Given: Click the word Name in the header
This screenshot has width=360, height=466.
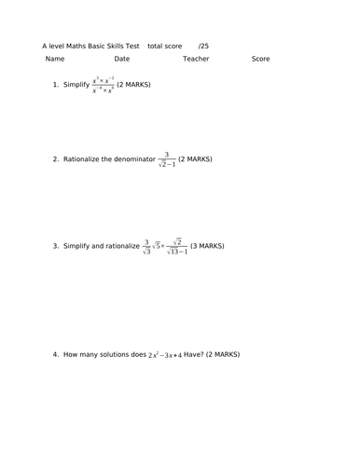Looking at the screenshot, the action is (55, 59).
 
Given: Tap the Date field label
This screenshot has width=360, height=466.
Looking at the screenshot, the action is (121, 59).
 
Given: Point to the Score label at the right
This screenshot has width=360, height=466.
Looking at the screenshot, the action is (260, 59).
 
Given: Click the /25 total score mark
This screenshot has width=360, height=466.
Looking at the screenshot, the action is (203, 45).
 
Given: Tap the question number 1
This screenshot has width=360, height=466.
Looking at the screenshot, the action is (56, 85).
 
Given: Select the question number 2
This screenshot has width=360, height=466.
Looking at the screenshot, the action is (56, 159).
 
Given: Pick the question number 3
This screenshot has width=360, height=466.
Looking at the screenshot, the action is (56, 247).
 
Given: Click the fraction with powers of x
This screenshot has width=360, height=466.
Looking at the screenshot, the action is (103, 85).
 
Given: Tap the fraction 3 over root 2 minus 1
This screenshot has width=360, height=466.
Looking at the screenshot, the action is (166, 159).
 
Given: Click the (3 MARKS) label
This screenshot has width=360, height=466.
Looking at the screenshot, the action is (207, 247).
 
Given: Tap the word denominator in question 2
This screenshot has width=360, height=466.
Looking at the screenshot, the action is (131, 159).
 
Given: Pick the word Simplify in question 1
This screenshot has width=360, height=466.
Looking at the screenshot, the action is (76, 85).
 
